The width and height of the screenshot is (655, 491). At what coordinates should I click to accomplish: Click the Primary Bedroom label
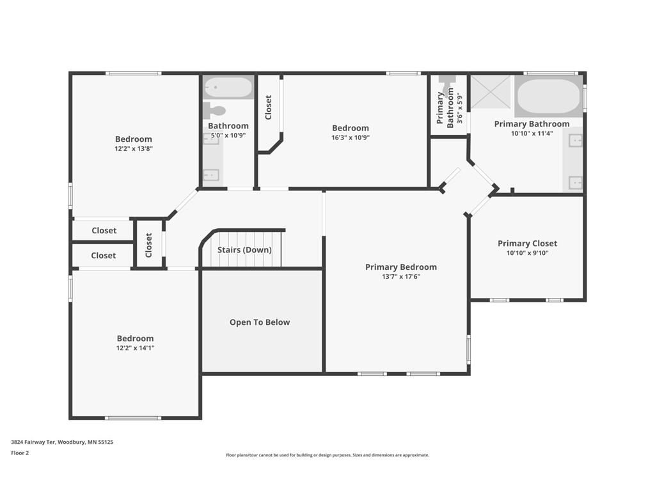click(x=401, y=267)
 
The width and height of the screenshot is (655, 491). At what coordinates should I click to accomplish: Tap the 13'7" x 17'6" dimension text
click(x=401, y=276)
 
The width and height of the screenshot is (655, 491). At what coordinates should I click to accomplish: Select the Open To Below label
click(x=260, y=322)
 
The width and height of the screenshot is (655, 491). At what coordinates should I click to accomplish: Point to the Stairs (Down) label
click(x=244, y=250)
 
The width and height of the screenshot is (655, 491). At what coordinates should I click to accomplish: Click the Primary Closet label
click(x=527, y=244)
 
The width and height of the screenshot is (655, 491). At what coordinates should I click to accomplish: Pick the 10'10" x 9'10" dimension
click(x=527, y=253)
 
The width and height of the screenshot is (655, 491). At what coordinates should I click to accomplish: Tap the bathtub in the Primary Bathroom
click(x=548, y=97)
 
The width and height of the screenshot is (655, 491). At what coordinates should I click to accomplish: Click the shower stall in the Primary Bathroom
click(x=491, y=92)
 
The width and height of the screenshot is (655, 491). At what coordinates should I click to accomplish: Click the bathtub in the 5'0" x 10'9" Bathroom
click(x=228, y=87)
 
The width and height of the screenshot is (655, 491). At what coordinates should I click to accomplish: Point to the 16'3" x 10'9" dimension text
click(x=351, y=137)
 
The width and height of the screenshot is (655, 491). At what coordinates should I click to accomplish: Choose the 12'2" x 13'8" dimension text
click(x=134, y=148)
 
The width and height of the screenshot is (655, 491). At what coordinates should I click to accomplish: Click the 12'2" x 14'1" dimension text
click(x=136, y=348)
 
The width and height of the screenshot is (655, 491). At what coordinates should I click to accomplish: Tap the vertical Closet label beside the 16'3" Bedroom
click(x=268, y=107)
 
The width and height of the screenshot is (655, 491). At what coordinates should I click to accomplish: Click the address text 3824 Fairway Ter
click(x=33, y=442)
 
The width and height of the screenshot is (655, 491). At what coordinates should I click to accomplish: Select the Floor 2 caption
click(x=20, y=453)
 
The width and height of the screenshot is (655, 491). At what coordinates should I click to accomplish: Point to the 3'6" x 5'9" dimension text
click(x=460, y=109)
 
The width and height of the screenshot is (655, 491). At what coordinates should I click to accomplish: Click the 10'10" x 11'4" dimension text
click(x=532, y=134)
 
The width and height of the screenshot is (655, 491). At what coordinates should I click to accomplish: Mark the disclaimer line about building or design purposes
click(x=327, y=455)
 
